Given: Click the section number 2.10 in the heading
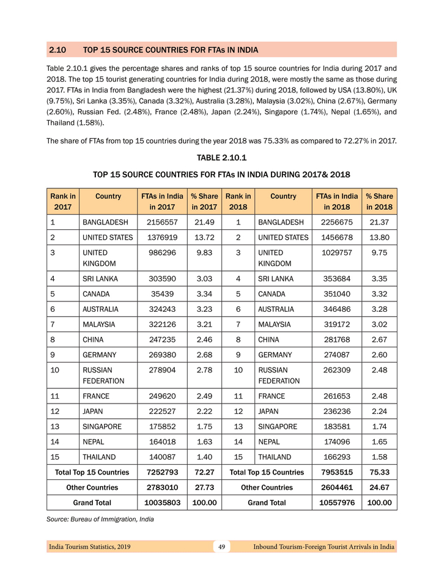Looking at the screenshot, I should click(x=57, y=50).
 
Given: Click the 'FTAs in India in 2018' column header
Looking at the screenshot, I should click(x=336, y=201).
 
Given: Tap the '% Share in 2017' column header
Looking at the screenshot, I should click(x=204, y=201).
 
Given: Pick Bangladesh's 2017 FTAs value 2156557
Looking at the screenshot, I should click(x=162, y=222).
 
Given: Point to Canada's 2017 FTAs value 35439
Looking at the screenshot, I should click(x=162, y=293).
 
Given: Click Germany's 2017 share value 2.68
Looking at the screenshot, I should click(x=204, y=355).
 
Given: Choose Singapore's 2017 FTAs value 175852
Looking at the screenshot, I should click(x=162, y=426).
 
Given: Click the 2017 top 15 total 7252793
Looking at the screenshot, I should click(x=162, y=472).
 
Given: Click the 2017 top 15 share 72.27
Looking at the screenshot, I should click(x=204, y=472).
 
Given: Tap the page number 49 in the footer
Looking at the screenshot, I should click(x=221, y=547).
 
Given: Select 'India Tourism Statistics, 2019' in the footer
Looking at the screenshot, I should click(x=89, y=547).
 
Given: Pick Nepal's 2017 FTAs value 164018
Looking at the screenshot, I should click(x=162, y=441).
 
